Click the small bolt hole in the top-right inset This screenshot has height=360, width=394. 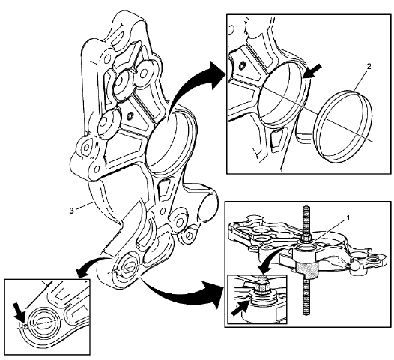[x=242, y=70]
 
